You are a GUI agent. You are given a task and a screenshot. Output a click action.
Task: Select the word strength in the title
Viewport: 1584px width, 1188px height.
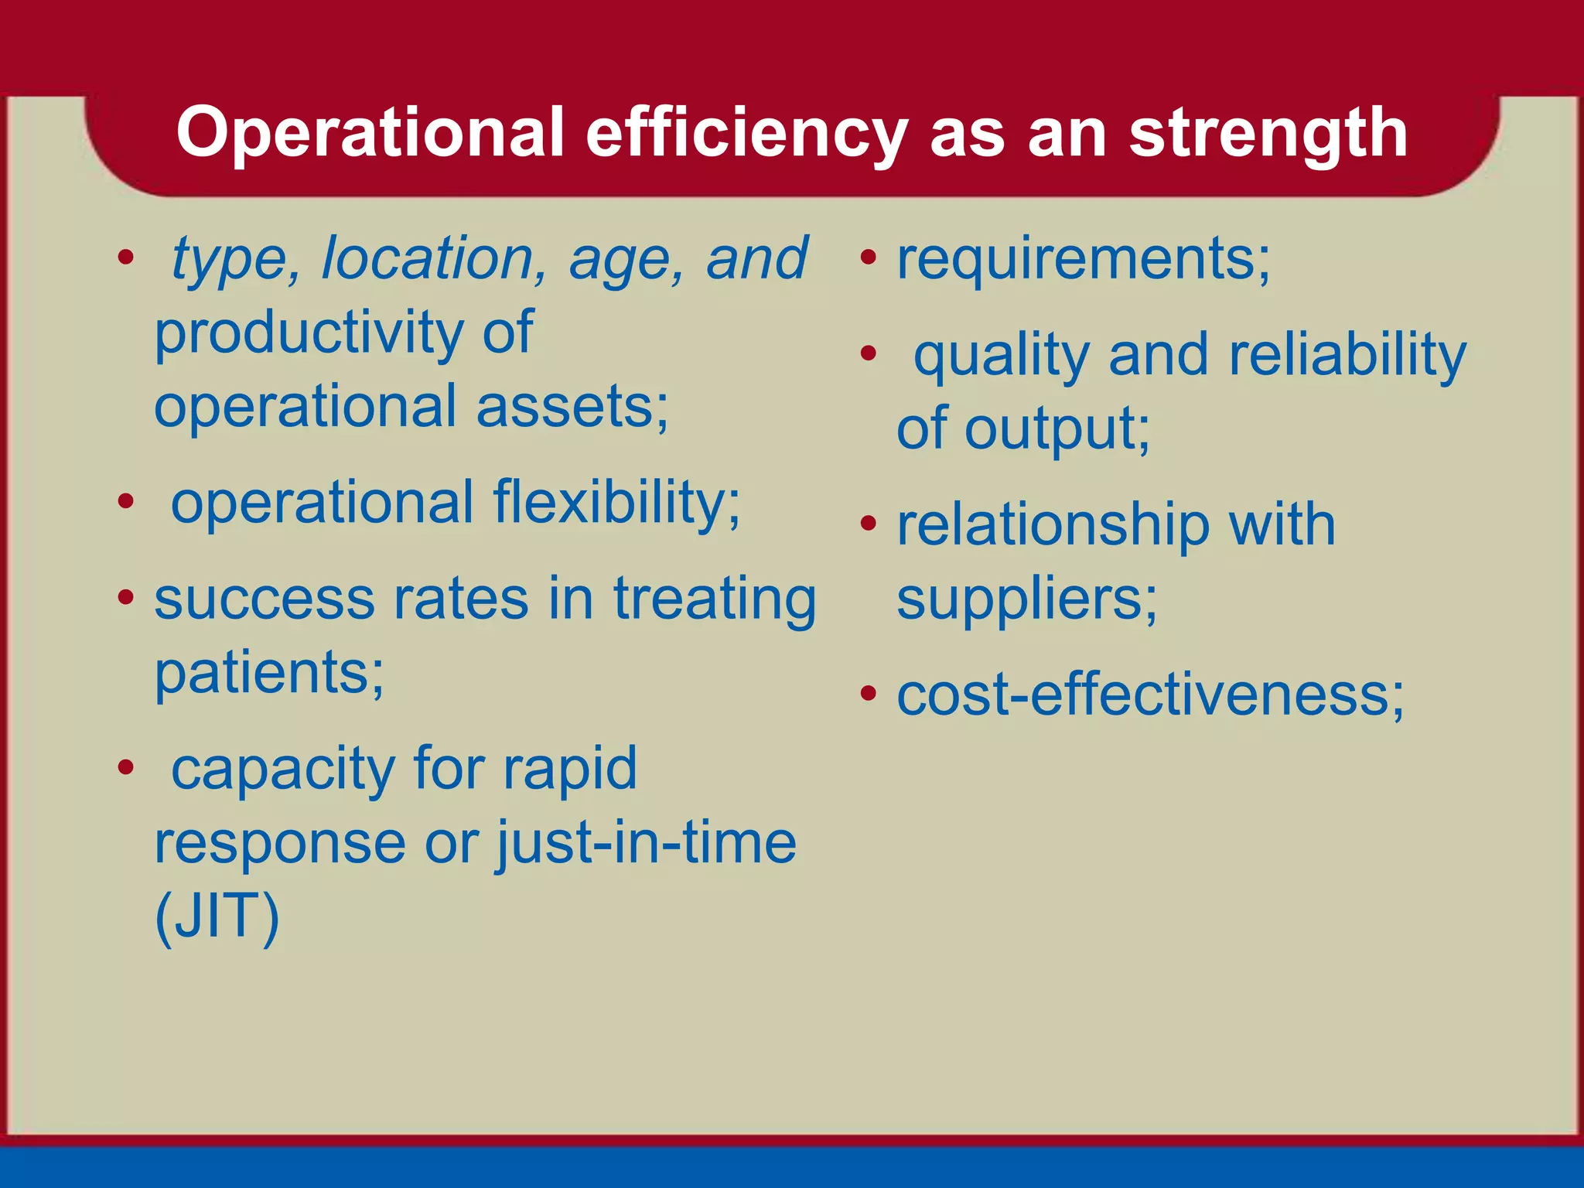pos(1268,133)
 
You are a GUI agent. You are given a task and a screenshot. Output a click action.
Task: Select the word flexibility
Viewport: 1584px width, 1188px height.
pos(616,503)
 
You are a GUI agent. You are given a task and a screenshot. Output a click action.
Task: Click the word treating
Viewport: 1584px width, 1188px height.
pos(714,600)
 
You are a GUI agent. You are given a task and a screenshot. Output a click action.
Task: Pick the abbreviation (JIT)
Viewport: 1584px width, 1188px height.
pos(217,917)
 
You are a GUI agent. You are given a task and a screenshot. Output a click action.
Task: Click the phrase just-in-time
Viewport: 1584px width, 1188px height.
pos(646,842)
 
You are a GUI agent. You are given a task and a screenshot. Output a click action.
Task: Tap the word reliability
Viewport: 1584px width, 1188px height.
pos(1347,355)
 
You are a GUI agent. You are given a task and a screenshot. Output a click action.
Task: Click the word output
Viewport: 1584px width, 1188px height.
pos(1057,430)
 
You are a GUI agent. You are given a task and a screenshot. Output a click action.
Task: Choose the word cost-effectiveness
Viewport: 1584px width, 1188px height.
pos(1149,695)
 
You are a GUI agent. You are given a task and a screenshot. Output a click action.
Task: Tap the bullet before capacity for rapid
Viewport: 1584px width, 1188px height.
pos(126,768)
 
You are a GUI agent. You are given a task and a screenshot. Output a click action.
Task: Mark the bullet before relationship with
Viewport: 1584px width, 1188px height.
pos(869,524)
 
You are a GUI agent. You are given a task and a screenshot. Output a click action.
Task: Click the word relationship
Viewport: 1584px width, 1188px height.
pos(1053,525)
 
